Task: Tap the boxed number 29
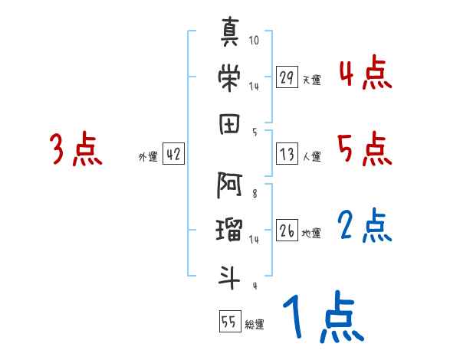pyautogui.click(x=287, y=78)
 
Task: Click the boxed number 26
pyautogui.click(x=287, y=231)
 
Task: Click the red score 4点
pyautogui.click(x=366, y=75)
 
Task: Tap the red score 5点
pyautogui.click(x=366, y=149)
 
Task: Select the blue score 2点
pyautogui.click(x=366, y=226)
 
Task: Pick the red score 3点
pyautogui.click(x=75, y=149)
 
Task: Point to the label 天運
pyautogui.click(x=311, y=80)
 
